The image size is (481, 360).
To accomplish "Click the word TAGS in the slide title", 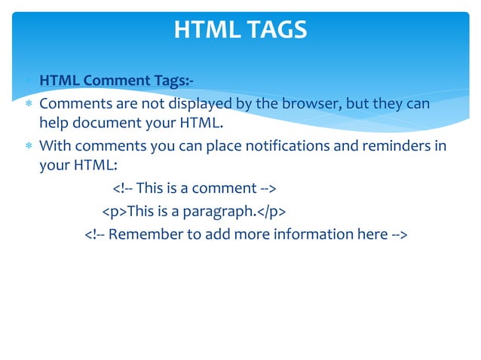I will tap(274, 29).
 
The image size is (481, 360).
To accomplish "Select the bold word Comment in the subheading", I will tap(113, 81).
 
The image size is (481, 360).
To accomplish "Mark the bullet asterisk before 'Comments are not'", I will tap(28, 104).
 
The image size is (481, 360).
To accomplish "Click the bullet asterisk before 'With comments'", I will tap(28, 146).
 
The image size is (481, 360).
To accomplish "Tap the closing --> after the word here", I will tap(400, 234).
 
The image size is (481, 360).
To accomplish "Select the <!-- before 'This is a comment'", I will tap(123, 188).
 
